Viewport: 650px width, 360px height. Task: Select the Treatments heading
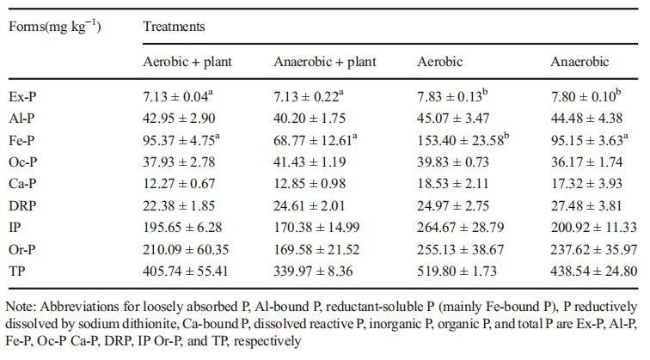click(x=174, y=26)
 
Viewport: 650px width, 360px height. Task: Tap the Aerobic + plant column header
click(x=187, y=62)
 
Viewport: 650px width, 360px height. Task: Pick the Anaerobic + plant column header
click(x=324, y=62)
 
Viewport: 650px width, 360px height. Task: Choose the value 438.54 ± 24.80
click(x=594, y=271)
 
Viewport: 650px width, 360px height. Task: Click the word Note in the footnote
click(x=21, y=306)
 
